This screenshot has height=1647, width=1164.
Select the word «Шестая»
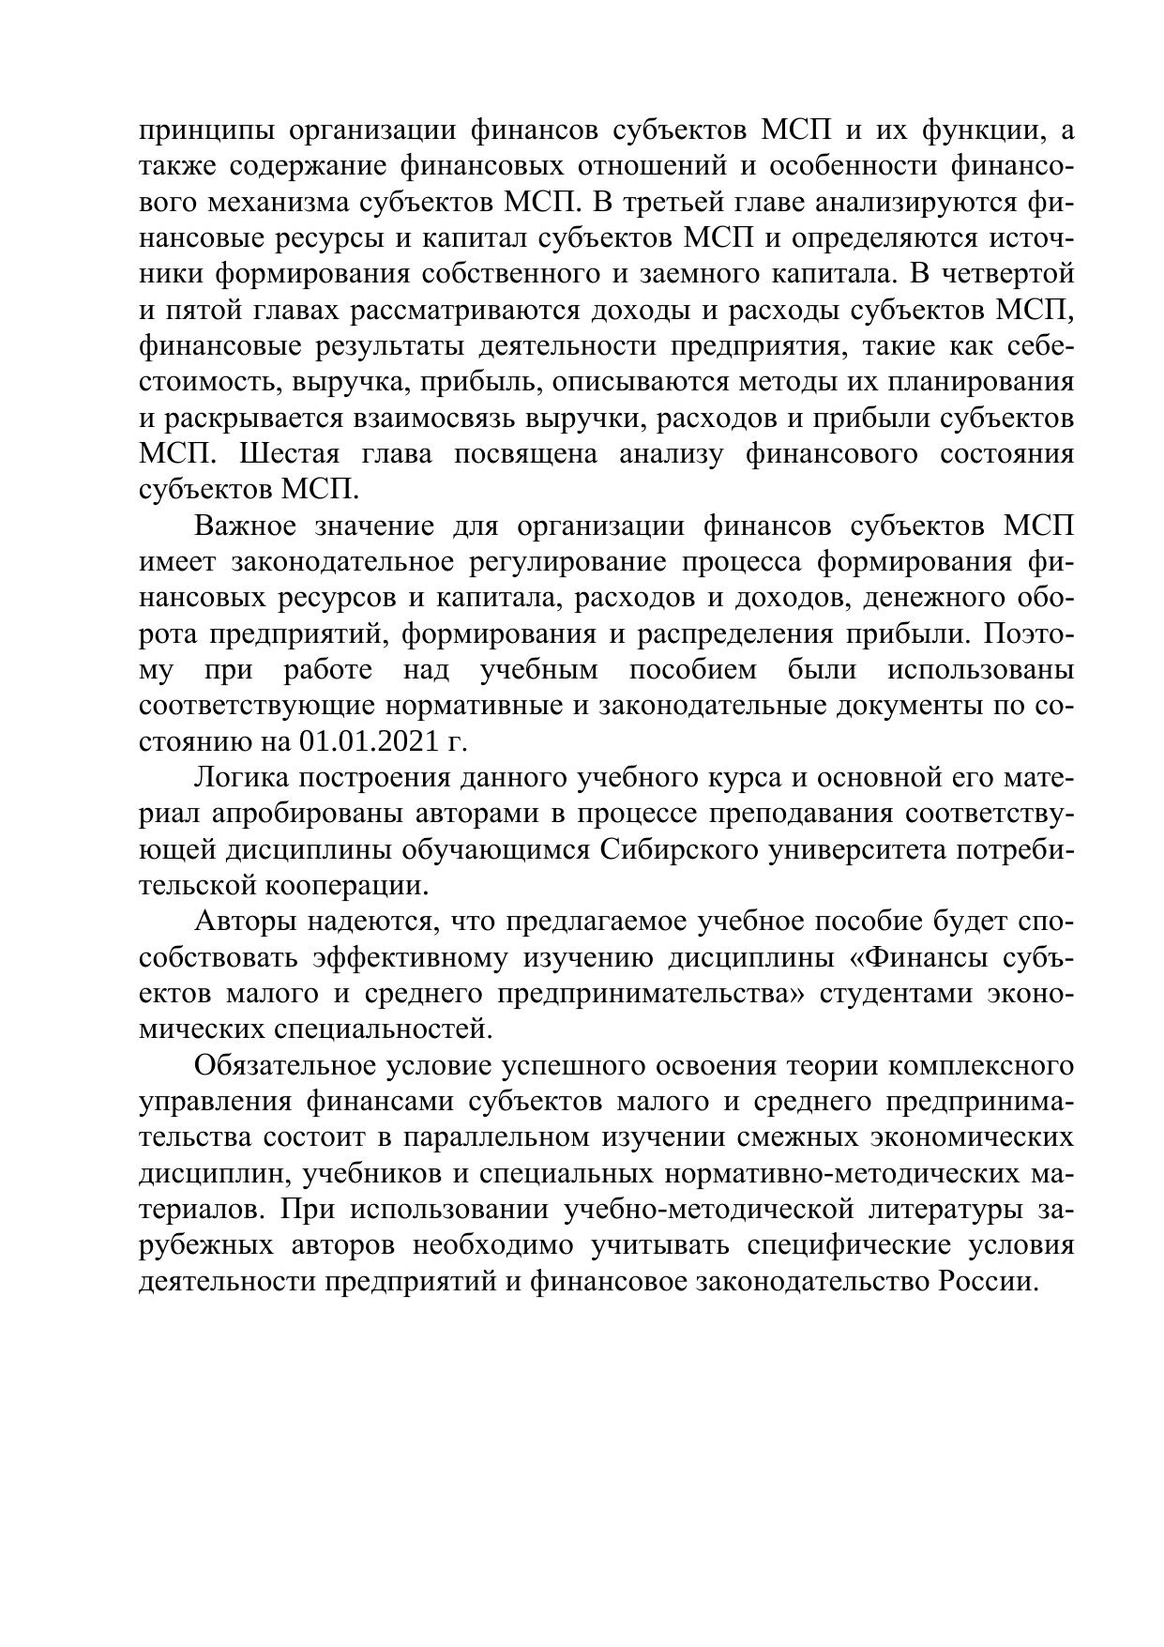pos(290,454)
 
